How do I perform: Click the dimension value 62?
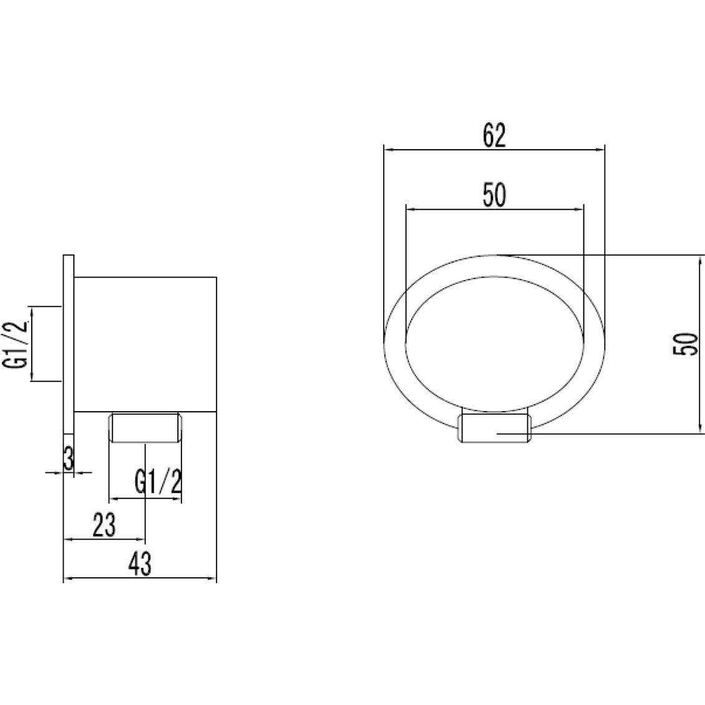[493, 135]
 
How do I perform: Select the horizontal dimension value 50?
[493, 196]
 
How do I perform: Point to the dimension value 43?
[140, 565]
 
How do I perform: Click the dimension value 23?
[104, 525]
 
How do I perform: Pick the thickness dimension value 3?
[69, 460]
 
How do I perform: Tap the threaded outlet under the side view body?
[145, 428]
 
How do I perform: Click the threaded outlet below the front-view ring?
[495, 429]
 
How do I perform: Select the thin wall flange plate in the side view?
[69, 343]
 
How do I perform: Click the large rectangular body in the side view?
[145, 343]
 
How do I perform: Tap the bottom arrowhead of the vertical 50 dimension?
[698, 429]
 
